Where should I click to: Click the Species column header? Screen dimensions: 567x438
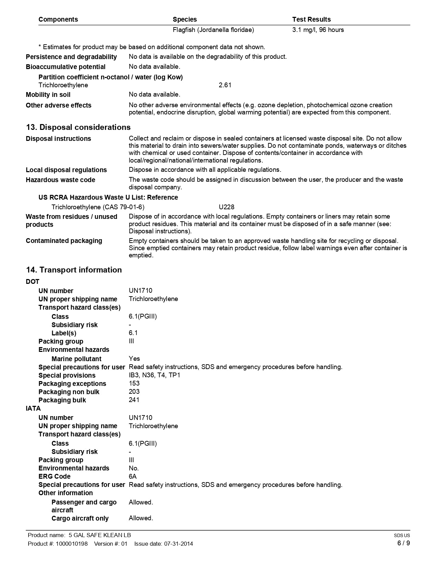point(184,19)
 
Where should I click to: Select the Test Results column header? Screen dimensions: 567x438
point(311,19)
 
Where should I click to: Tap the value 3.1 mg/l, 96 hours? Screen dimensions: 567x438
point(318,30)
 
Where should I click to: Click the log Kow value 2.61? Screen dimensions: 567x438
point(225,85)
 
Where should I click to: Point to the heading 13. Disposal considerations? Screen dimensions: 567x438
point(78,127)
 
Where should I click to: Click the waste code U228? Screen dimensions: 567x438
point(226,207)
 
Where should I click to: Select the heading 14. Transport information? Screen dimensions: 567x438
point(74,270)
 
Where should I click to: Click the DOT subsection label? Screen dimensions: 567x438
point(33,282)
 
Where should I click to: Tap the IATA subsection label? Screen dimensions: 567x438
point(33,409)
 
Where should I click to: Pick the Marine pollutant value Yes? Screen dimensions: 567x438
point(134,359)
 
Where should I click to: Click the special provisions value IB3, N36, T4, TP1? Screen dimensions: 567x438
point(154,375)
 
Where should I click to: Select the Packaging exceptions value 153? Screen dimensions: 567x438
point(134,383)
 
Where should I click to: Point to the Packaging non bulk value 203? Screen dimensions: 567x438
point(134,392)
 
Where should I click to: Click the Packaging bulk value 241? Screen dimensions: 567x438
point(134,400)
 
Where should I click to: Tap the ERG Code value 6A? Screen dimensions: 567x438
point(133,476)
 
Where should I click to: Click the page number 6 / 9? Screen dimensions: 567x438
point(403,543)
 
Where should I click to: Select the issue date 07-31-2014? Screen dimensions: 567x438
point(178,544)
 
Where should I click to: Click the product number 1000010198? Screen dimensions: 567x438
point(71,544)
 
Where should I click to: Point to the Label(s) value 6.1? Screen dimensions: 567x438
point(133,333)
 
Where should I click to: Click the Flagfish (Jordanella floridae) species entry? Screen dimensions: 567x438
point(213,30)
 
